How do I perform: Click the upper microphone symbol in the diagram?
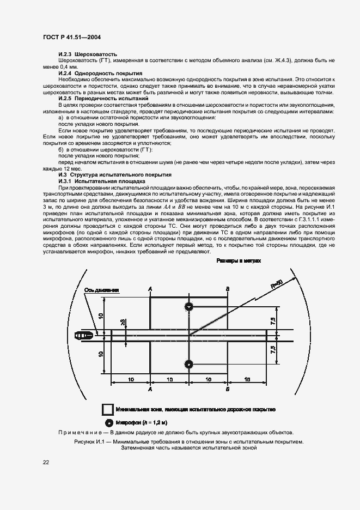click(x=188, y=307)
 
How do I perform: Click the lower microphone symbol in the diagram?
click(x=188, y=364)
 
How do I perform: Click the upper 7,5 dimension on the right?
click(x=273, y=322)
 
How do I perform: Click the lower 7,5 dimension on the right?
click(x=273, y=349)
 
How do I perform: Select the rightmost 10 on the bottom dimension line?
click(x=248, y=378)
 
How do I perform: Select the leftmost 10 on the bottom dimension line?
click(x=131, y=378)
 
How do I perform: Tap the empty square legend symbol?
click(x=108, y=409)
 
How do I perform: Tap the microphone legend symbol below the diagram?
click(x=108, y=422)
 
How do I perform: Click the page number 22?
click(x=46, y=462)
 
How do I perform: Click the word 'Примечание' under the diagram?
click(x=84, y=432)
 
